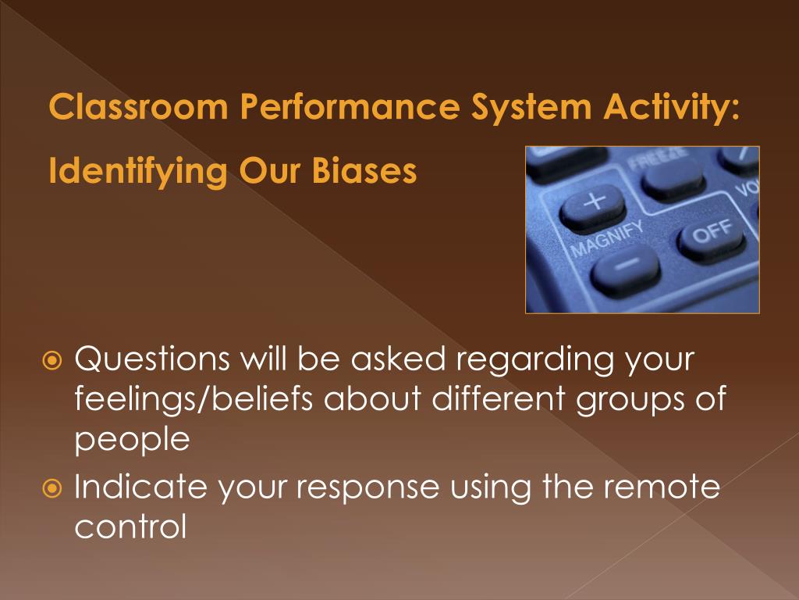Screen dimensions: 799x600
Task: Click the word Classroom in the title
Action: (x=138, y=106)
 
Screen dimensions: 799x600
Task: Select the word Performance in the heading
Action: (x=350, y=106)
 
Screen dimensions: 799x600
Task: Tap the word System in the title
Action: (x=531, y=107)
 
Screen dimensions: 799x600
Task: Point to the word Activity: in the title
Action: (x=671, y=107)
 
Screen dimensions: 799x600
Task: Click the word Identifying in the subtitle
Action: (x=137, y=171)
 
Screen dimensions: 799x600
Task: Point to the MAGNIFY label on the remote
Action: (x=607, y=240)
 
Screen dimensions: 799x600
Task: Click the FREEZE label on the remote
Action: (x=658, y=159)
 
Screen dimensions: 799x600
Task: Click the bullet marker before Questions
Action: (x=52, y=361)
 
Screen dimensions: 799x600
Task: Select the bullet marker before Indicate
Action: (x=52, y=488)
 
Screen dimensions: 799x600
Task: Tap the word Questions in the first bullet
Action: (x=152, y=359)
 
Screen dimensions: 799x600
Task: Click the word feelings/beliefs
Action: (x=194, y=398)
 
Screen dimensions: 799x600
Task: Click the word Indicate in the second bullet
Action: (x=140, y=486)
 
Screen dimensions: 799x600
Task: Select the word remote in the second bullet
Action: (x=662, y=487)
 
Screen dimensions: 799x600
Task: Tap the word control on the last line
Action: (x=131, y=526)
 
